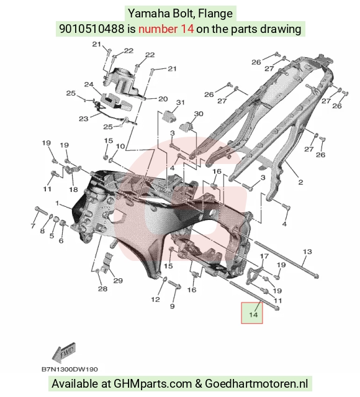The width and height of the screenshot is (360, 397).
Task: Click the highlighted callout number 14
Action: [253, 315]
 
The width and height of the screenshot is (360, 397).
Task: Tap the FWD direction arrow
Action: [64, 352]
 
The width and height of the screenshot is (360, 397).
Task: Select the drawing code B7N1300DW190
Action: [70, 370]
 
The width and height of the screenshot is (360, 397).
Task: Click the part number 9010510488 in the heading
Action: [92, 29]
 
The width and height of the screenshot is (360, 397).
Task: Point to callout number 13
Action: [307, 252]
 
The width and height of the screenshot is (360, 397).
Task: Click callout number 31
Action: [180, 103]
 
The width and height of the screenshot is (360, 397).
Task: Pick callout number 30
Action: [199, 114]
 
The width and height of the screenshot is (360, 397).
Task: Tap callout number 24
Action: [89, 84]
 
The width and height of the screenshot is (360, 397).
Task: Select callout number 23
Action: [84, 119]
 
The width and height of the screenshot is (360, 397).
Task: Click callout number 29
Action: [118, 281]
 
